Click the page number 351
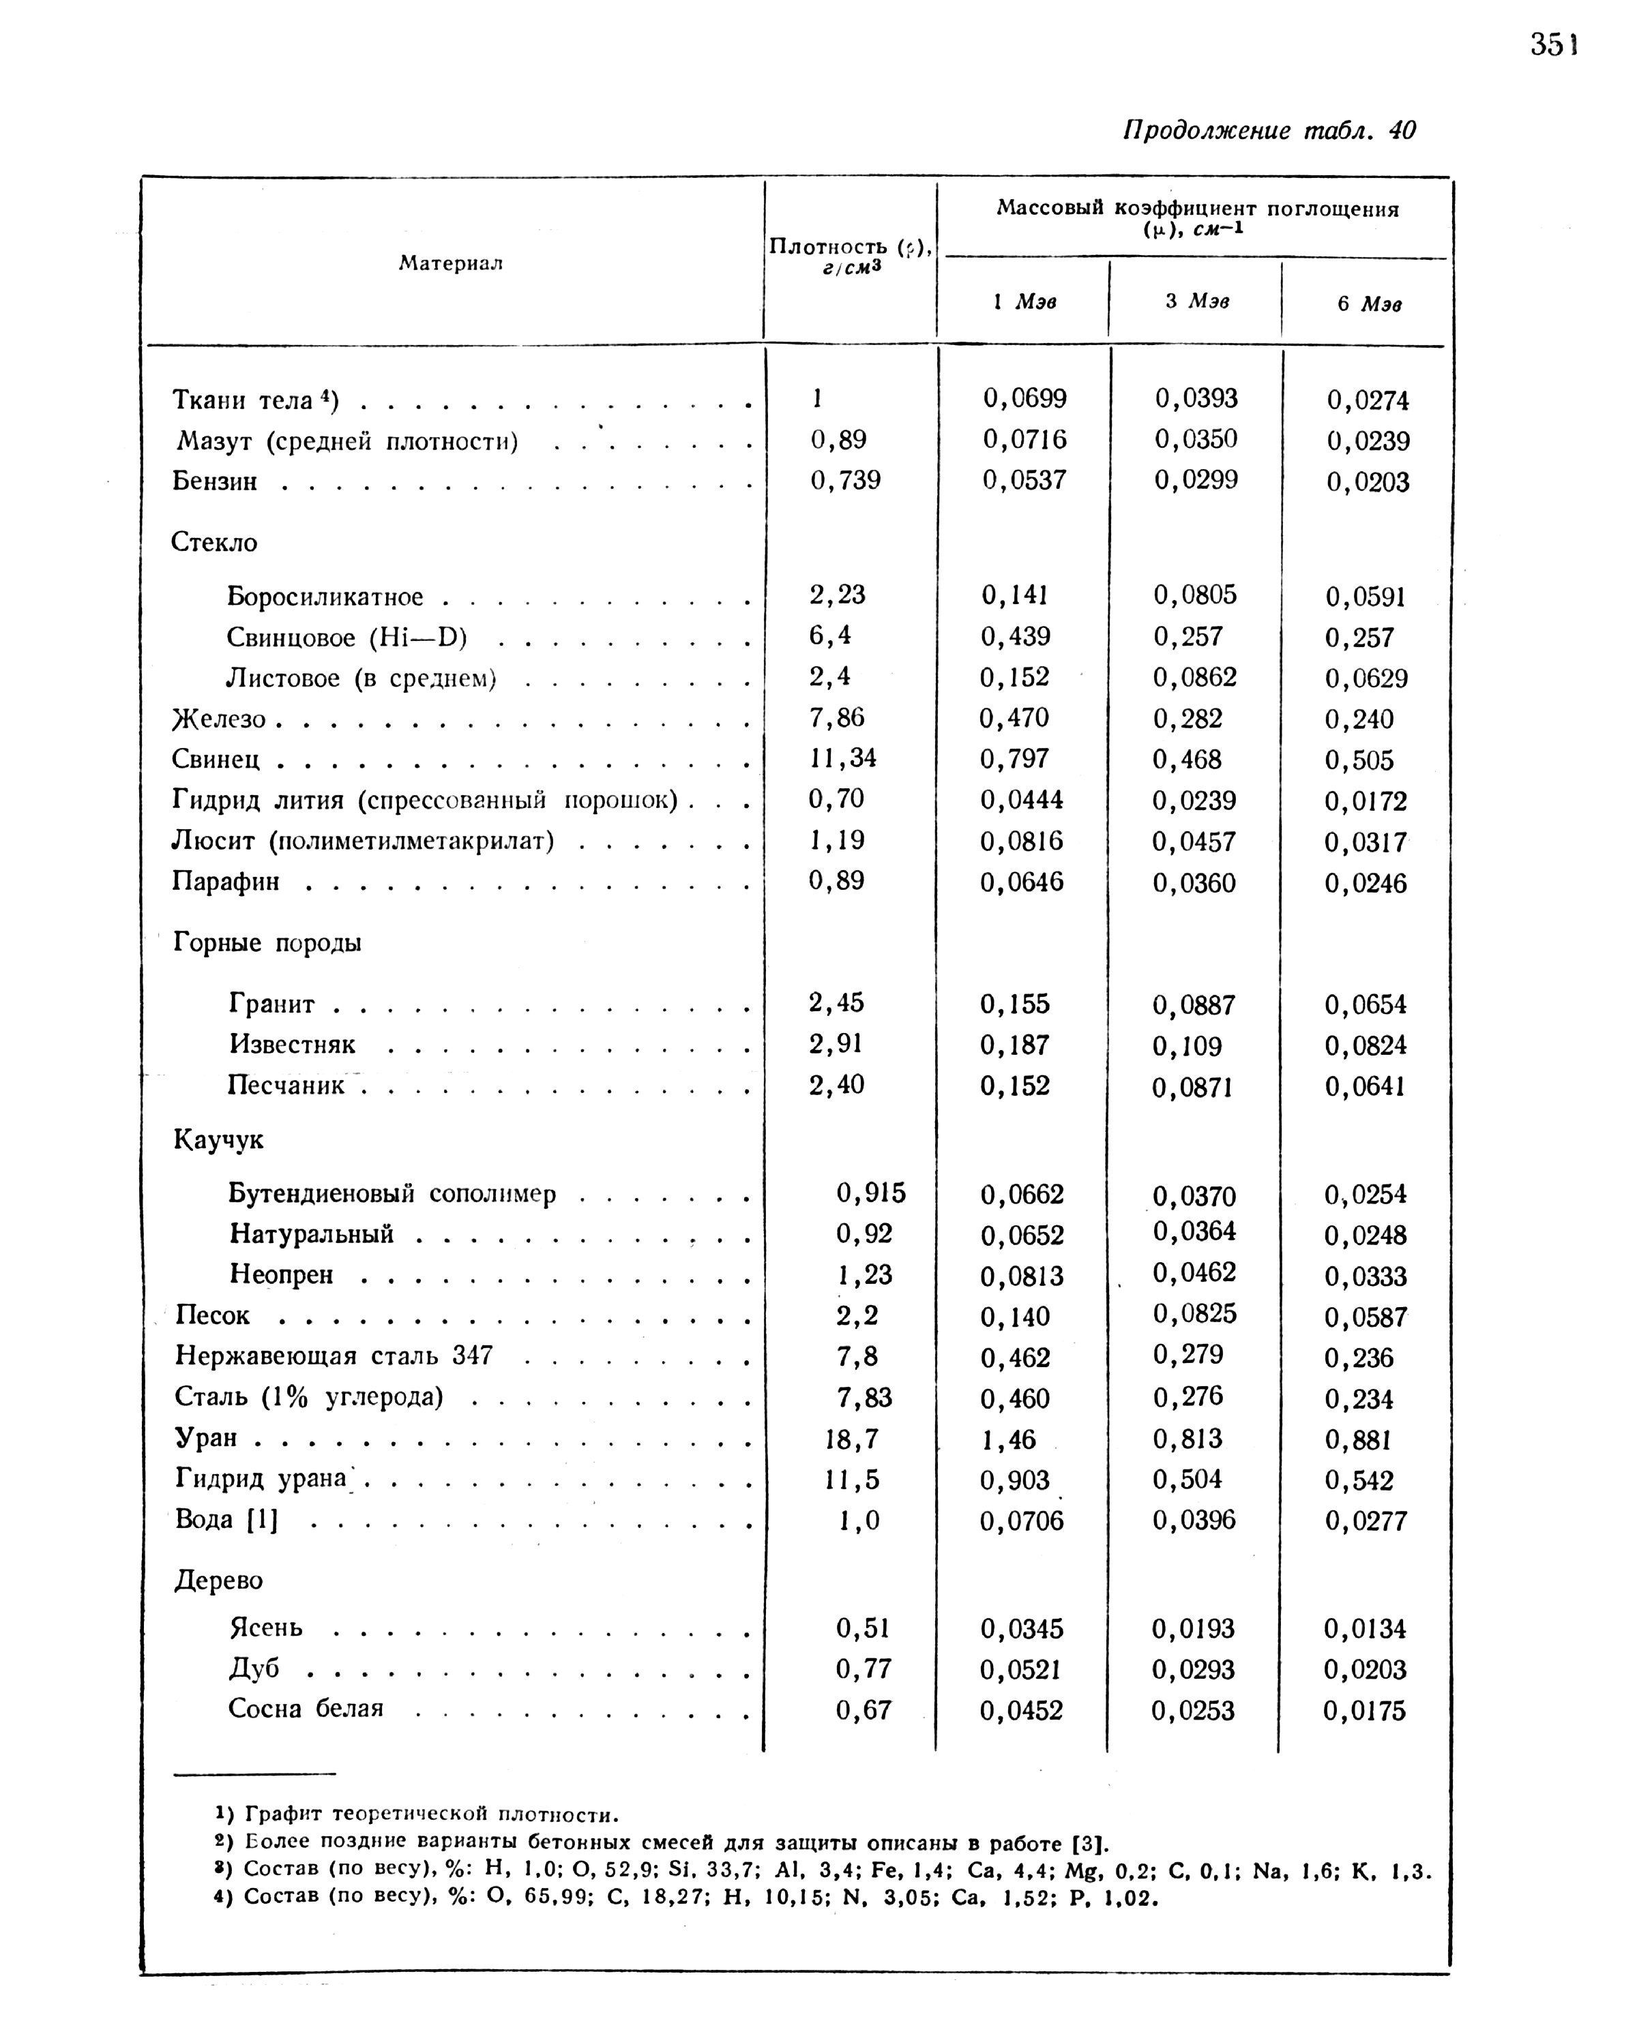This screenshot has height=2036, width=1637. [x=1554, y=44]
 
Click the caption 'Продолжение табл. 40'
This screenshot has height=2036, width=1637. [x=1269, y=130]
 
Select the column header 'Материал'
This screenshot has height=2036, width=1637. [x=451, y=263]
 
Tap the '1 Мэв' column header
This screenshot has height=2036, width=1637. [x=1025, y=301]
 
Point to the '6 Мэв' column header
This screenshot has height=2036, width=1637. [x=1369, y=304]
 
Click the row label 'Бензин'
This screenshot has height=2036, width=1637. [x=216, y=481]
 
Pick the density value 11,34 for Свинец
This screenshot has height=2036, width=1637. [x=842, y=758]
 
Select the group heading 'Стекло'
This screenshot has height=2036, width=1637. [x=214, y=542]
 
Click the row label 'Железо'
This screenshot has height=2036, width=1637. [x=219, y=719]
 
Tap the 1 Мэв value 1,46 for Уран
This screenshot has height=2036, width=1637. [x=1009, y=1440]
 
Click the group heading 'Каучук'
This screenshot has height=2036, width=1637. [x=219, y=1141]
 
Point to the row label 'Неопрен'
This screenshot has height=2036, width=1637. [x=282, y=1275]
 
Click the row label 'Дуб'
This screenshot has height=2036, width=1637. [x=254, y=1668]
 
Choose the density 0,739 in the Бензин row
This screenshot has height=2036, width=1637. [x=845, y=481]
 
